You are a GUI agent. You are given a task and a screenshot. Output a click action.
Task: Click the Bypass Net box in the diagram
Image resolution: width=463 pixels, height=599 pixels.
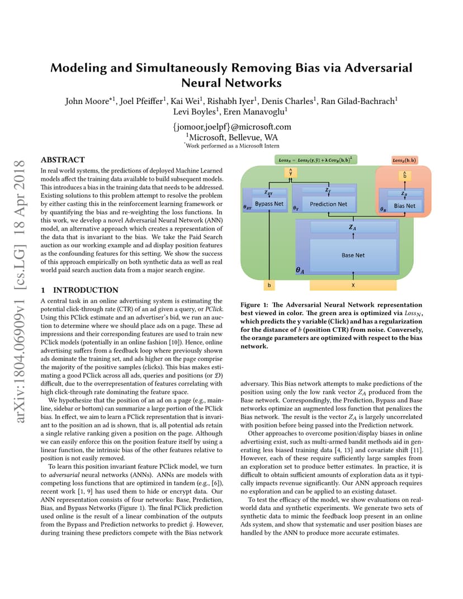click(269, 204)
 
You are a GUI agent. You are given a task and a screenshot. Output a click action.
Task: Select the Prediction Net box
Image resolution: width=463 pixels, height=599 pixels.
click(328, 205)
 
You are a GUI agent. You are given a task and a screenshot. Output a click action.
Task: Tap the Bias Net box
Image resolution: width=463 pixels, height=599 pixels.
click(404, 206)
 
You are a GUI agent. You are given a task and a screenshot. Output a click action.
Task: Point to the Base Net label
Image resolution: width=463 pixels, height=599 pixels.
click(353, 255)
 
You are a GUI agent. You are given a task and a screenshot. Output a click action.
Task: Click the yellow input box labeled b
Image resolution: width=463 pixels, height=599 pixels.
click(269, 285)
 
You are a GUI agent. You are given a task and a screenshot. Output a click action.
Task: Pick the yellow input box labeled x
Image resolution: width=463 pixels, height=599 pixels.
click(353, 285)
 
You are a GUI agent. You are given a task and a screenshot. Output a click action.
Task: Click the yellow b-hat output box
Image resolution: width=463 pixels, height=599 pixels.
click(404, 175)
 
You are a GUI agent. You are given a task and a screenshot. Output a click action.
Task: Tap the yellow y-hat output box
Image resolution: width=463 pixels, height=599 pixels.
click(291, 172)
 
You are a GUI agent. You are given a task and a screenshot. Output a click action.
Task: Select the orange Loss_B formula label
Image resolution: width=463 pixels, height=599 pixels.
click(404, 160)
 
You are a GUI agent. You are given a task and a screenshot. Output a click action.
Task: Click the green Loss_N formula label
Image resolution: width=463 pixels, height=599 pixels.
click(316, 160)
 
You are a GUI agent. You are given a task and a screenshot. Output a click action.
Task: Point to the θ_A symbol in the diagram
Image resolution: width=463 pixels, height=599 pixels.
click(300, 270)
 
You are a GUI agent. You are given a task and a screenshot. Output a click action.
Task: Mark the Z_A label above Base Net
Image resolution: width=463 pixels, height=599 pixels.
click(352, 227)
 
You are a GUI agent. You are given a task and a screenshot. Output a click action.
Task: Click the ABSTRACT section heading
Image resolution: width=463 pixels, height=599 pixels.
click(63, 160)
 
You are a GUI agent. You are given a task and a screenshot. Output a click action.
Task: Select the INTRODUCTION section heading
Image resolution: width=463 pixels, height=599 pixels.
click(86, 290)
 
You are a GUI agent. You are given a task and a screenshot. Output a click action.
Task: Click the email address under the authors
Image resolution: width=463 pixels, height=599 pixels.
click(232, 127)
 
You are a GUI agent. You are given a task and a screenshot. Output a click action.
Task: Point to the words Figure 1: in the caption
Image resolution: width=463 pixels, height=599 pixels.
click(254, 305)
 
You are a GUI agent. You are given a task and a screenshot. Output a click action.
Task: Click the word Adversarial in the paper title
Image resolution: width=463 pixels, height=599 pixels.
click(379, 68)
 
